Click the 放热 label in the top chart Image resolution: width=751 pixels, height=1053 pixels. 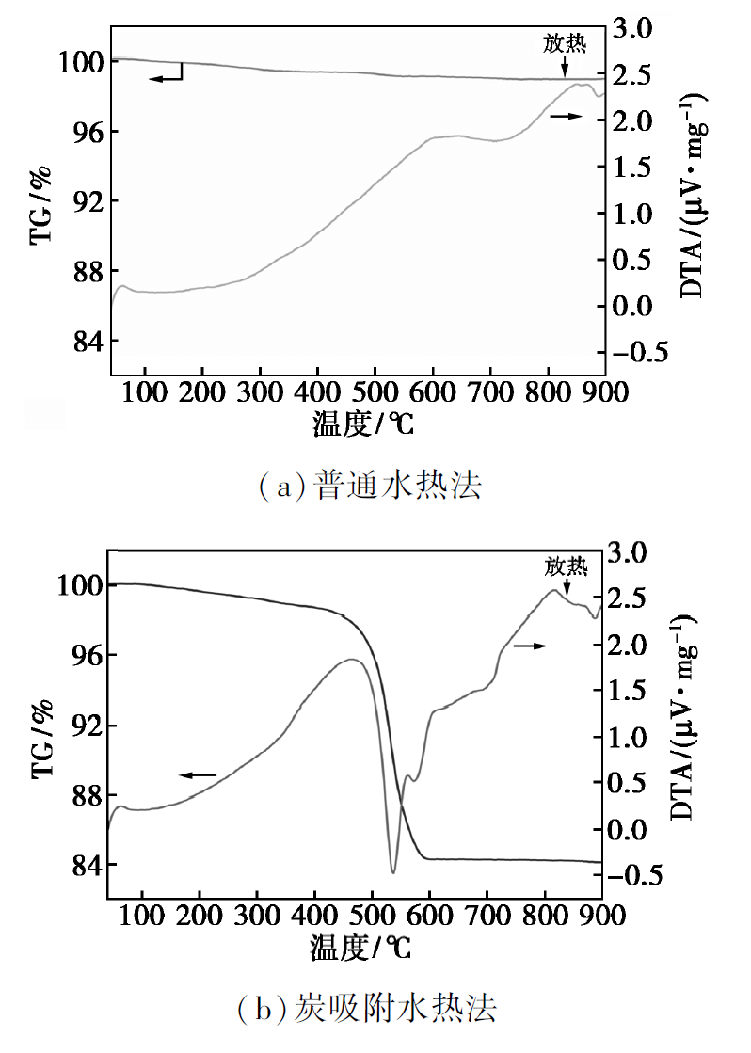coord(565,43)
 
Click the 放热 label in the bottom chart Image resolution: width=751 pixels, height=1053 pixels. coord(567,566)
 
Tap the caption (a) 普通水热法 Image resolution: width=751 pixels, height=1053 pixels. coord(370,486)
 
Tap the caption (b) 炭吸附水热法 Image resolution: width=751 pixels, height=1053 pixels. coord(367,1008)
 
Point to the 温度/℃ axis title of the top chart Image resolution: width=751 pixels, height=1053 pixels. coord(362,423)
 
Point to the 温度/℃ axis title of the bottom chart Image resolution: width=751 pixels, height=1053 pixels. coord(360,948)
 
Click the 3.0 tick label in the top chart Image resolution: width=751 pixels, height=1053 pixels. coord(631,28)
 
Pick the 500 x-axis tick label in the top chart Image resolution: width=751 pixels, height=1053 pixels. coord(375,391)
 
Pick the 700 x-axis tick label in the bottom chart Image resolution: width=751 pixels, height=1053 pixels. coord(487,915)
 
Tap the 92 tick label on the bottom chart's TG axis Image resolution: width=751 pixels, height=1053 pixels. coord(86,726)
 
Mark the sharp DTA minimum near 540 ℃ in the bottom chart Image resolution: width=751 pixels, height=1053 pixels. coord(393,872)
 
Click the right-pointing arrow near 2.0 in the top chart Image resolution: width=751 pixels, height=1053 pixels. coord(566,116)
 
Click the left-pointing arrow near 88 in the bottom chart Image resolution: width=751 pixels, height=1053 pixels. coord(198,775)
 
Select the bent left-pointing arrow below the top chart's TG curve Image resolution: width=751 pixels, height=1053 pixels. coord(167,73)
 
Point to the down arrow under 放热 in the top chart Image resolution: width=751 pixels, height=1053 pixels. coord(565,67)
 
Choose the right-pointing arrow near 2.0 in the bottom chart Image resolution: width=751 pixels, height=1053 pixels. coord(531,646)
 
